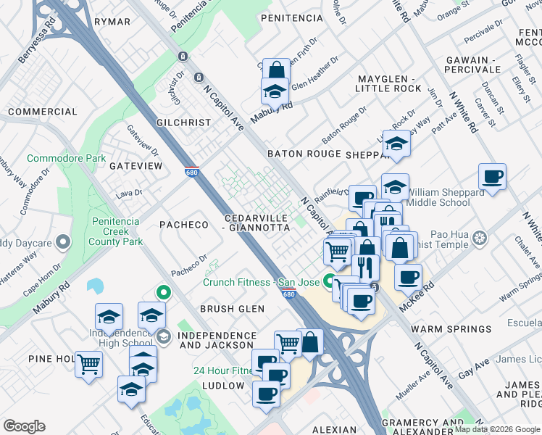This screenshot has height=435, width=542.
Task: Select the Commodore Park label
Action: [66, 158]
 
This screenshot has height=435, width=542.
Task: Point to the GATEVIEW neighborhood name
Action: [136, 166]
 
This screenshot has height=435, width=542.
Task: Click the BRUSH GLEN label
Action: [228, 309]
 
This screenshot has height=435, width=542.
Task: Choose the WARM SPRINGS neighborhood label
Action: [447, 329]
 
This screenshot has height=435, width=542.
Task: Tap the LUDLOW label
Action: [223, 386]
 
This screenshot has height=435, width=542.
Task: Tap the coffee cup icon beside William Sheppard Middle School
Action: [492, 177]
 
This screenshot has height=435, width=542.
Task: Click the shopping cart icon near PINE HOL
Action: [88, 364]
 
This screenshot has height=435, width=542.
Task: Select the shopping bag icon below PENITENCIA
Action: [276, 71]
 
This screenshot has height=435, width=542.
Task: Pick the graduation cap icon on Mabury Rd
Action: [275, 92]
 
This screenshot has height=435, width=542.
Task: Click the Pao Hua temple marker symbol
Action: [479, 238]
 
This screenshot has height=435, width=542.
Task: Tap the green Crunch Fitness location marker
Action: [333, 281]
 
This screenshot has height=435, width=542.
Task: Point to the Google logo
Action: [24, 426]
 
